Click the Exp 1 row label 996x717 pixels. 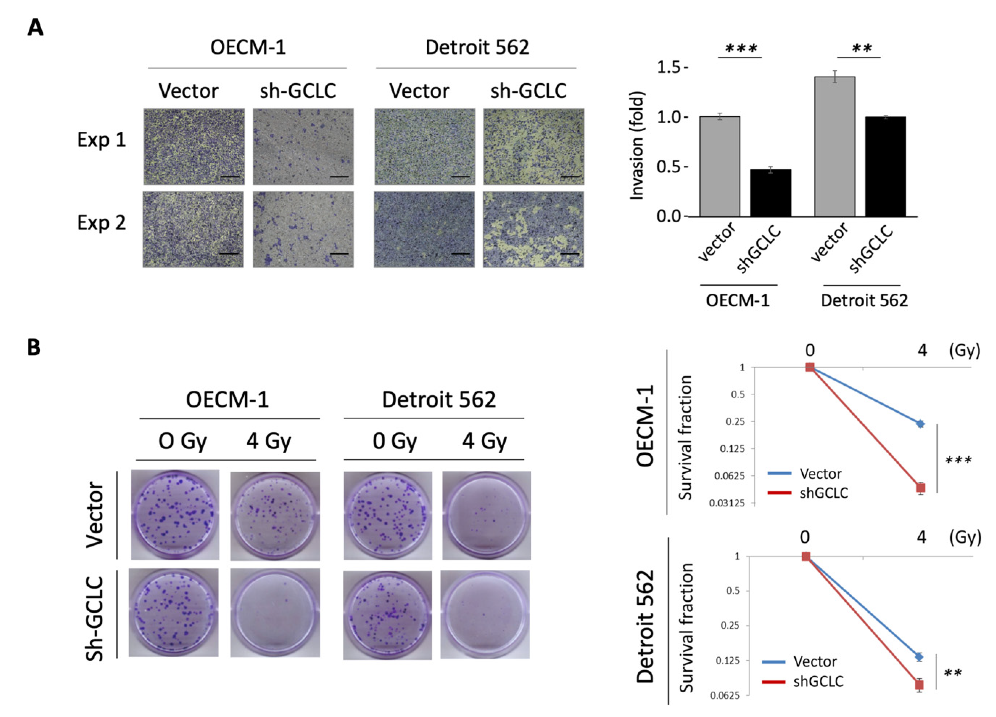point(101,140)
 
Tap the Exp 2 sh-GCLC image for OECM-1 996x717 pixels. point(303,229)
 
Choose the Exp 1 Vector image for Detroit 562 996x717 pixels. point(425,146)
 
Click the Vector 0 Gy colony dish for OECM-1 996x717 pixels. point(175,514)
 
